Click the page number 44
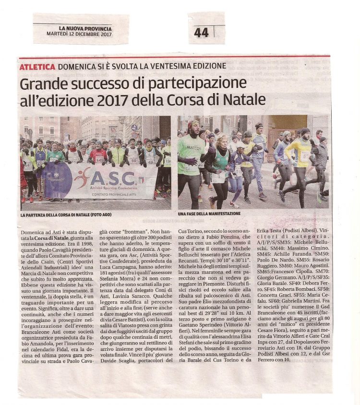click(202, 32)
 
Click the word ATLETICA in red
click(37, 67)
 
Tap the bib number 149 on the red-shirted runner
click(99, 160)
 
